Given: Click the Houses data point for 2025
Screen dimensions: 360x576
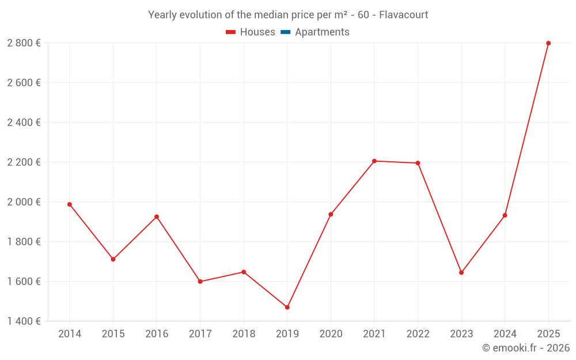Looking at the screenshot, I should coord(548,43).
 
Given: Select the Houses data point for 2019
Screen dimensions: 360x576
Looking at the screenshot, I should coord(287,308).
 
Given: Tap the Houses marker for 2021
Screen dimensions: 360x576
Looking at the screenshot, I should coord(374,161).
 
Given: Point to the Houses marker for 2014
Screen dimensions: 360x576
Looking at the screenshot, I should coord(70,204).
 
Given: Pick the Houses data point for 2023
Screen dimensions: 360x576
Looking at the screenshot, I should coord(461,272).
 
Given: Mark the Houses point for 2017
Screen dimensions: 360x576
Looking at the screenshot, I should coord(200,282).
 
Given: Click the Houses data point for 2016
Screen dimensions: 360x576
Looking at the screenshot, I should coord(157,217).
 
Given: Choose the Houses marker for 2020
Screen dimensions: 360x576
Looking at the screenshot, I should coord(331,214).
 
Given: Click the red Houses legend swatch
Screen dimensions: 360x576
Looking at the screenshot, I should coord(230,32).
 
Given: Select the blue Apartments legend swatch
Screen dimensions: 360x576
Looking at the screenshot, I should coord(285,32).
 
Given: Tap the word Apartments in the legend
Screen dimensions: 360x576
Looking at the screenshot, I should coord(322,32).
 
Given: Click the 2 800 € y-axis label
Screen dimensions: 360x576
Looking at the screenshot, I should coord(24,43).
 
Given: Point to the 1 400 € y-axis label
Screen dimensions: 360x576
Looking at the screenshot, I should coord(24,321).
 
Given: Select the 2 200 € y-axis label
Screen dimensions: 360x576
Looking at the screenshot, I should coord(24,162).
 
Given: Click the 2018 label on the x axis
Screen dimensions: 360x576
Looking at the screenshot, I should coord(244,334).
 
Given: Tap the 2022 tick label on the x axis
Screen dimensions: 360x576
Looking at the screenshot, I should coord(418,334).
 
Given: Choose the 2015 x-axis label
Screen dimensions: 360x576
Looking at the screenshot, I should coord(113,334).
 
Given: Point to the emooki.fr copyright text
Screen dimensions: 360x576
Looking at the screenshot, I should coord(525,348).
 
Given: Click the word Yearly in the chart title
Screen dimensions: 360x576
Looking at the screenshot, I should coord(162,15).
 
